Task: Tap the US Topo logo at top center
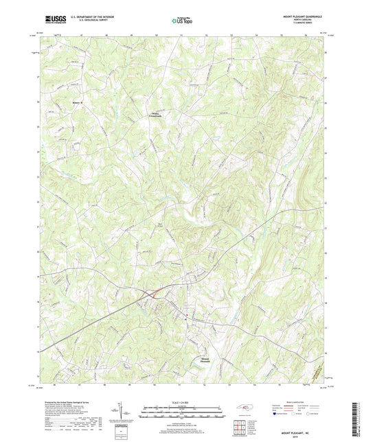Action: [181, 21]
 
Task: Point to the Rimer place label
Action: [57, 103]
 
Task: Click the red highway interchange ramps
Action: [154, 293]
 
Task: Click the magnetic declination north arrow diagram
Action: [125, 412]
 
